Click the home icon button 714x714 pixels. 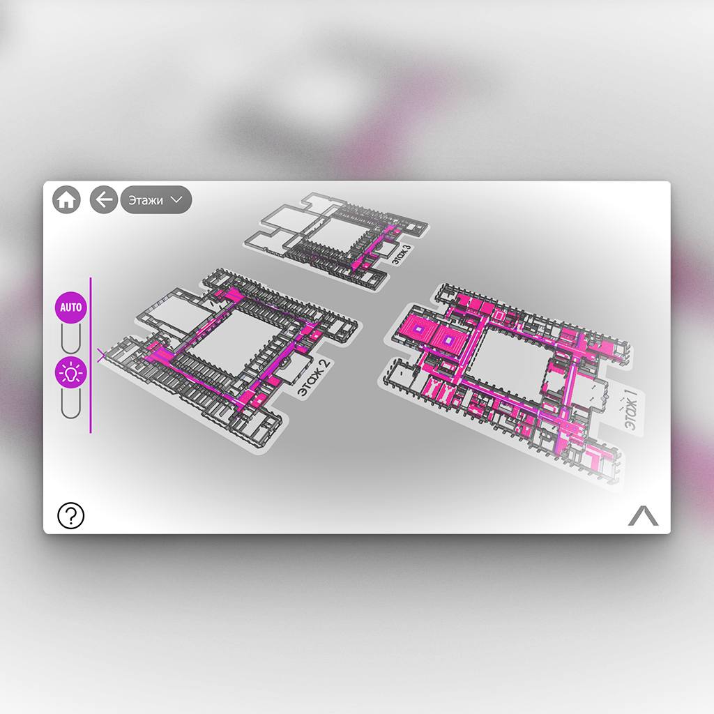(x=66, y=199)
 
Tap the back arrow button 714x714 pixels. (x=104, y=199)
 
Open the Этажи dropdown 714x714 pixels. (x=155, y=199)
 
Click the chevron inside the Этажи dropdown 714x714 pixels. (x=176, y=199)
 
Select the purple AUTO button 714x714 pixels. (x=71, y=307)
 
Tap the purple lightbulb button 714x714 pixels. (x=71, y=372)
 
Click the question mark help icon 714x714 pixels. (x=71, y=515)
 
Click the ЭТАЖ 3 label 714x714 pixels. (x=401, y=254)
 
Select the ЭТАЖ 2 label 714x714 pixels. (x=314, y=378)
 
